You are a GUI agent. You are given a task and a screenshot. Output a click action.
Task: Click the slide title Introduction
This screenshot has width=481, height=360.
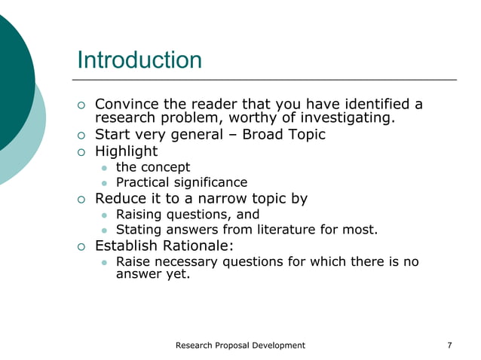point(139,59)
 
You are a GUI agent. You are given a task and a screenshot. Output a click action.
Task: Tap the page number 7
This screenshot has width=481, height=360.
point(449,346)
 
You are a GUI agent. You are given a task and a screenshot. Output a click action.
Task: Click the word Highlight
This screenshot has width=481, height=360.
point(126,151)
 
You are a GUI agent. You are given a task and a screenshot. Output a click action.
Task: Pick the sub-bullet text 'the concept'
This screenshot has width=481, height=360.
point(152,167)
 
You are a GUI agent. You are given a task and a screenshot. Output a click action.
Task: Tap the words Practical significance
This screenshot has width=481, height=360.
point(181,182)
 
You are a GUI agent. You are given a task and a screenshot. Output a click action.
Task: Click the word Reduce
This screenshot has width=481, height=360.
point(118,199)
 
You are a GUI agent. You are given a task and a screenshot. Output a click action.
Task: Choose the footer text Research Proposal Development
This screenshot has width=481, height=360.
point(240,346)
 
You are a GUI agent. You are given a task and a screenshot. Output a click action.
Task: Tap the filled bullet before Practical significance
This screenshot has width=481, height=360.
point(105,183)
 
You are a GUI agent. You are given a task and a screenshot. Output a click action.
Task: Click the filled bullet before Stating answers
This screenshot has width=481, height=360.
point(105,230)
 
